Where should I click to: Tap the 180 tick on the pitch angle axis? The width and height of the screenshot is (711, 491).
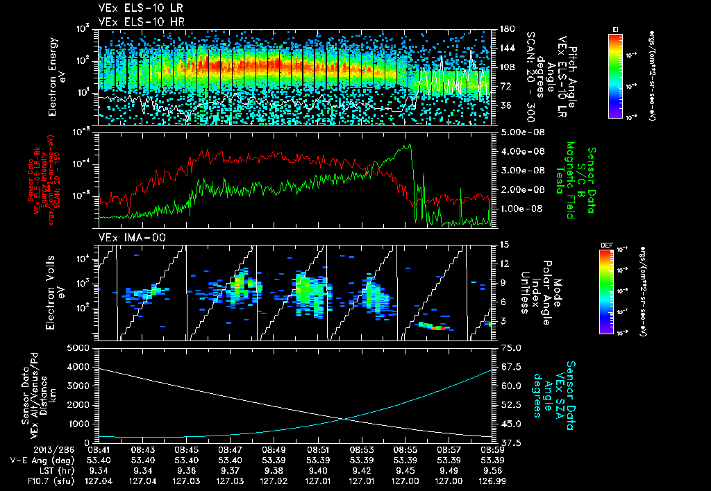tap(505, 29)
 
